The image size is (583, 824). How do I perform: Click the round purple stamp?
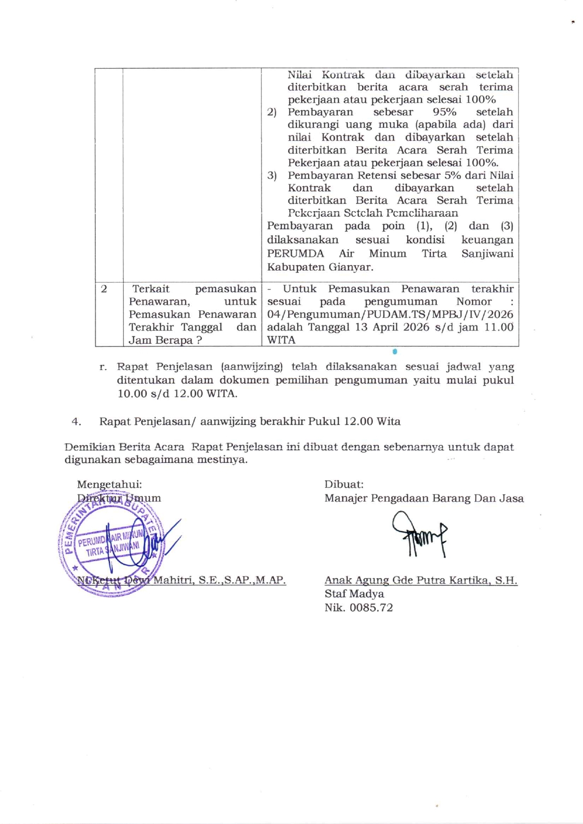[111, 547]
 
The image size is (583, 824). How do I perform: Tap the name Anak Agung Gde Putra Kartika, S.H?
[421, 580]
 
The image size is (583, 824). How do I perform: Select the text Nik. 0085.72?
[358, 607]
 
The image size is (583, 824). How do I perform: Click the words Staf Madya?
[354, 594]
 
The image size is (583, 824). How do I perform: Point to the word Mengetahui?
[109, 484]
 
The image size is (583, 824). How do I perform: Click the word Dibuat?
[344, 484]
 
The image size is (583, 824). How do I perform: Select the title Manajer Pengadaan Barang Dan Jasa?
[424, 498]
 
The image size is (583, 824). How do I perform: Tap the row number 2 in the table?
[104, 289]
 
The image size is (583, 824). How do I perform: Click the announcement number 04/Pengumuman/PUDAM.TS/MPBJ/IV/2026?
[390, 314]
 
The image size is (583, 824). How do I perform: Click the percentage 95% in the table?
[444, 112]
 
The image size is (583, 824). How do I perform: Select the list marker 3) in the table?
[272, 176]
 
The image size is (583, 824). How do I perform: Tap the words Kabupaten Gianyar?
[320, 267]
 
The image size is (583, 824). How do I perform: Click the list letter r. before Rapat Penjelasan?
[102, 367]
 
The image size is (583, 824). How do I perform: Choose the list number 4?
[76, 422]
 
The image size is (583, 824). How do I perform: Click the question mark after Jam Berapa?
[199, 340]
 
